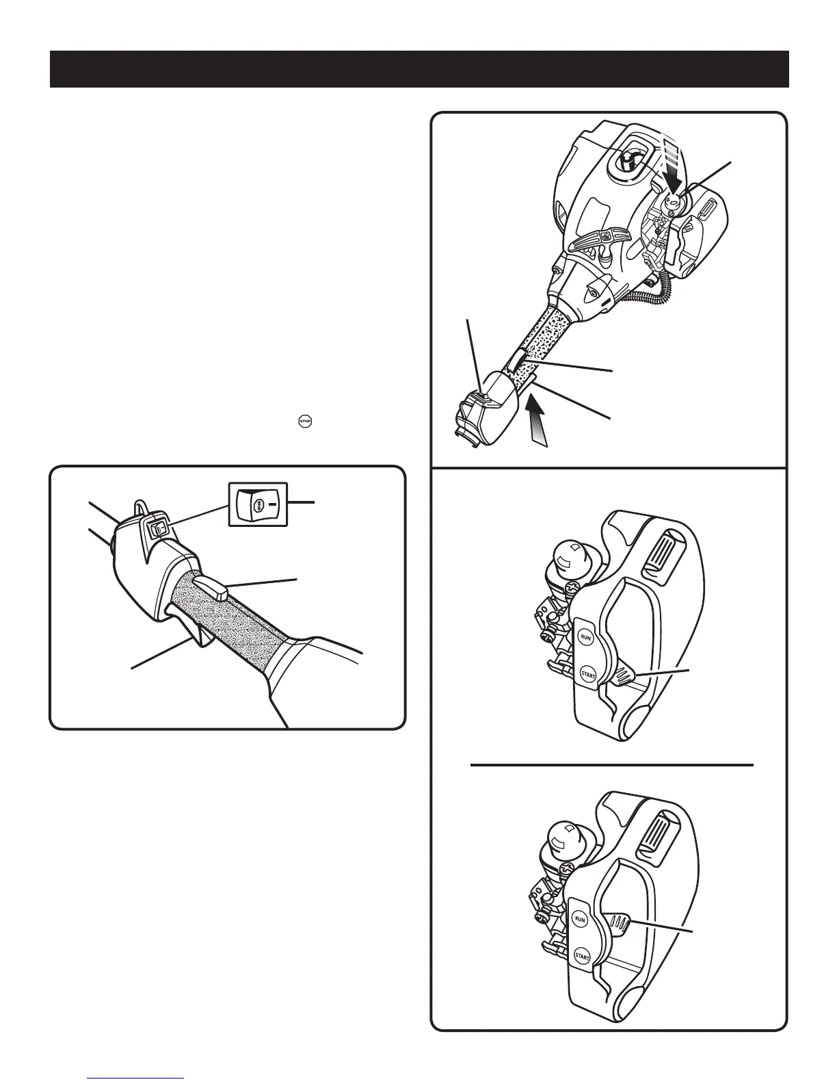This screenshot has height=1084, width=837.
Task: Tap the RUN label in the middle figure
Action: point(585,637)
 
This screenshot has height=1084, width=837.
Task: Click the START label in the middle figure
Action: point(587,675)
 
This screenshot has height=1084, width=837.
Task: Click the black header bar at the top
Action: point(418,69)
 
